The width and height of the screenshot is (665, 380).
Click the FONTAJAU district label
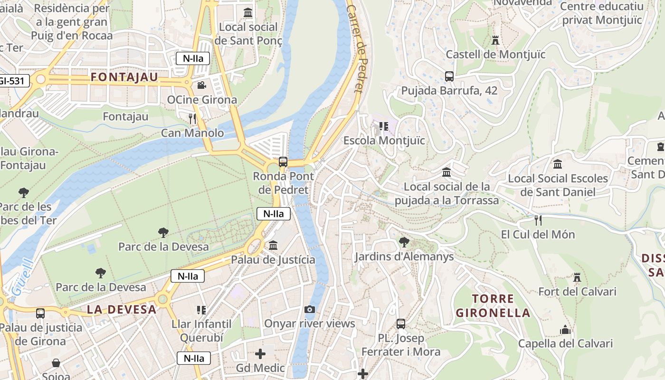tap(124, 77)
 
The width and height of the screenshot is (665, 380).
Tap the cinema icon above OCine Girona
tap(201, 85)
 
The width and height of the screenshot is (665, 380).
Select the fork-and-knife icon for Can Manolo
tap(192, 118)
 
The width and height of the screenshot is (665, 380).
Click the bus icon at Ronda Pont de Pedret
tap(283, 161)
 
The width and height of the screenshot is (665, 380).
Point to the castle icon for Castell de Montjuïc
tap(495, 40)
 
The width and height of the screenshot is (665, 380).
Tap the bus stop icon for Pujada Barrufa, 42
tap(449, 76)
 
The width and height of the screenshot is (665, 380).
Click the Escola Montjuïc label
tap(384, 141)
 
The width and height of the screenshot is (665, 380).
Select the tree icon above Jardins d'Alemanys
tap(404, 242)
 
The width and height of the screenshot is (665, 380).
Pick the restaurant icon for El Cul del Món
tap(538, 220)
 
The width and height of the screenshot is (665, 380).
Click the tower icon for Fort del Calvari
tap(577, 277)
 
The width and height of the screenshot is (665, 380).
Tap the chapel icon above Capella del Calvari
tap(565, 329)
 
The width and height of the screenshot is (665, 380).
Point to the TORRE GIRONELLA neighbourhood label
tap(493, 305)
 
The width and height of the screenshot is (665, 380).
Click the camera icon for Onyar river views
tap(310, 310)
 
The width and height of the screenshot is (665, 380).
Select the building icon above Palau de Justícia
tap(273, 246)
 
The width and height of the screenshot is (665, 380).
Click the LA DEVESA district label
tap(122, 310)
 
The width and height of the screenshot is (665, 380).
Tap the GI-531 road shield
tap(11, 81)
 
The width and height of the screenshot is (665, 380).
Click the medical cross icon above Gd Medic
tap(260, 354)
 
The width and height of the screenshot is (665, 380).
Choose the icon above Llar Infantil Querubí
tap(201, 310)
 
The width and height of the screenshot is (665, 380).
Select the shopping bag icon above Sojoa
tap(56, 363)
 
